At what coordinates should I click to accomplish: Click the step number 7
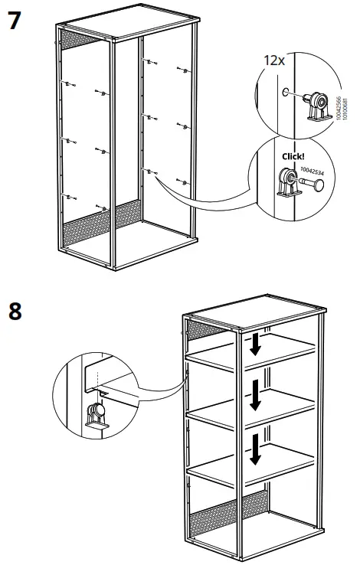point(14,21)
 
